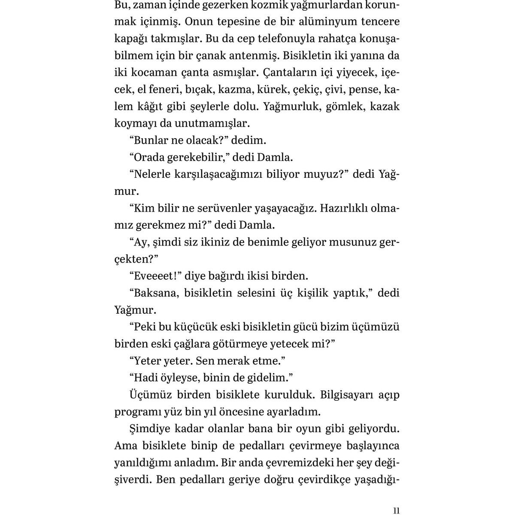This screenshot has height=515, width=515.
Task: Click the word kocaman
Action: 149,73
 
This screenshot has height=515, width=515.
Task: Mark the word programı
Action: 139,412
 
